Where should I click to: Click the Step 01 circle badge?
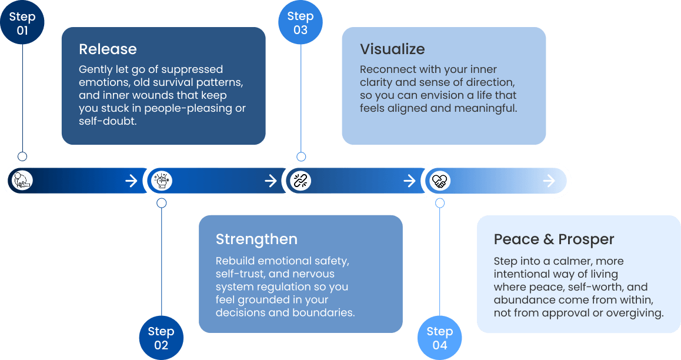22,22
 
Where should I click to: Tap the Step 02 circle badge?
161,338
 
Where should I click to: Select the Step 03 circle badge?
301,22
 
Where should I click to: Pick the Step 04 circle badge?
439,338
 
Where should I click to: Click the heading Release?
108,49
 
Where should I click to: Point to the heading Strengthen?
256,239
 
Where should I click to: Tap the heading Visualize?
392,49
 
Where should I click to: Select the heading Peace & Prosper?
554,239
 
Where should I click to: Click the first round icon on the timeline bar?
22,180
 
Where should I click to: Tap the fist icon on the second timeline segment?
162,180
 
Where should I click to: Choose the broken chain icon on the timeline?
301,181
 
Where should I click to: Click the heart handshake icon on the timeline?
440,181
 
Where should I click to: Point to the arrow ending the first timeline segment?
131,181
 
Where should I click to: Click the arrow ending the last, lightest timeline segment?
549,181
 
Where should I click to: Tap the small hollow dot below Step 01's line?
22,156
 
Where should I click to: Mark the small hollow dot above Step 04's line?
440,203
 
